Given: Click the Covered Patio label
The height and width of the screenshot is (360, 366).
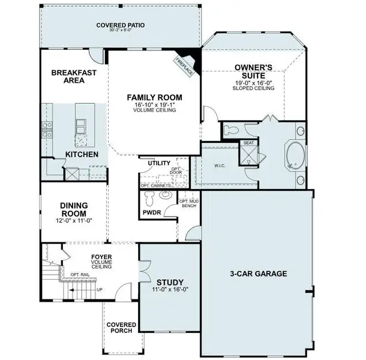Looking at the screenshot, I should tap(122, 25).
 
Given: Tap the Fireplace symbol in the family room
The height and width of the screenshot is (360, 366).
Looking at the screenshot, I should tap(182, 62).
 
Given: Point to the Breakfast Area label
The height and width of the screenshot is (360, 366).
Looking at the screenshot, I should tap(70, 76).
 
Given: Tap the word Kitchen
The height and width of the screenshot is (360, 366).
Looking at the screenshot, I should tap(82, 155).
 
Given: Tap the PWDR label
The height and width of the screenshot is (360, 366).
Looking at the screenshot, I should tap(152, 213).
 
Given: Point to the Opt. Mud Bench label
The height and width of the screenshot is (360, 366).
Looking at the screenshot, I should tap(191, 203).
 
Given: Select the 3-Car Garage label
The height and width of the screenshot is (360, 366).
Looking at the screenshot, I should tap(259, 274).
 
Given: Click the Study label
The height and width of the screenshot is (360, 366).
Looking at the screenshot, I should tap(170, 283).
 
